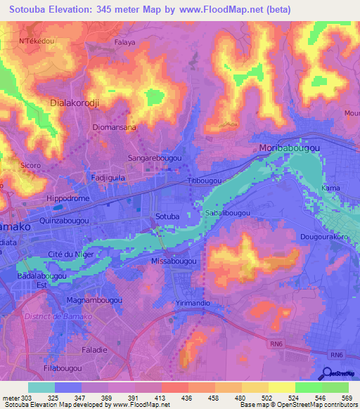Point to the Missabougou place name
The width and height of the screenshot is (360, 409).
tap(174, 261)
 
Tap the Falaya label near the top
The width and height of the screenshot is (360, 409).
tap(124, 42)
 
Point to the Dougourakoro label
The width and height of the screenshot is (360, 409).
tap(324, 237)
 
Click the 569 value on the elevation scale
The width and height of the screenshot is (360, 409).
tap(344, 398)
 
